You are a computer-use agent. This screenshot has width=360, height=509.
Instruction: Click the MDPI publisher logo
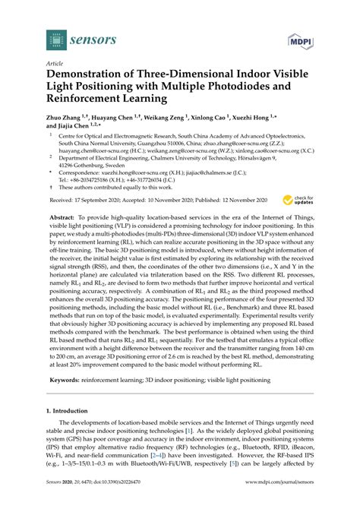(x=302, y=38)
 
